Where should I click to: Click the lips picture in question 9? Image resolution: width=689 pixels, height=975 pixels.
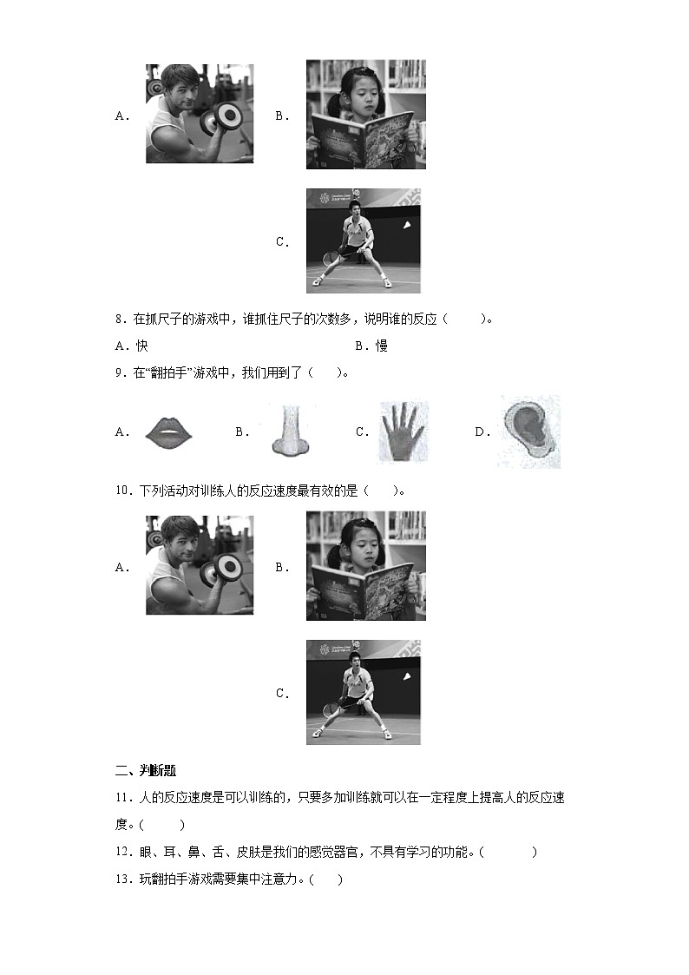click(174, 432)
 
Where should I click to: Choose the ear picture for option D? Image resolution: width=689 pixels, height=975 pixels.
click(528, 432)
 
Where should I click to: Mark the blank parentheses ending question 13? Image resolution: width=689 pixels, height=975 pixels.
click(325, 879)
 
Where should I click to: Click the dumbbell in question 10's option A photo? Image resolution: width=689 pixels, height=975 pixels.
click(227, 567)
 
